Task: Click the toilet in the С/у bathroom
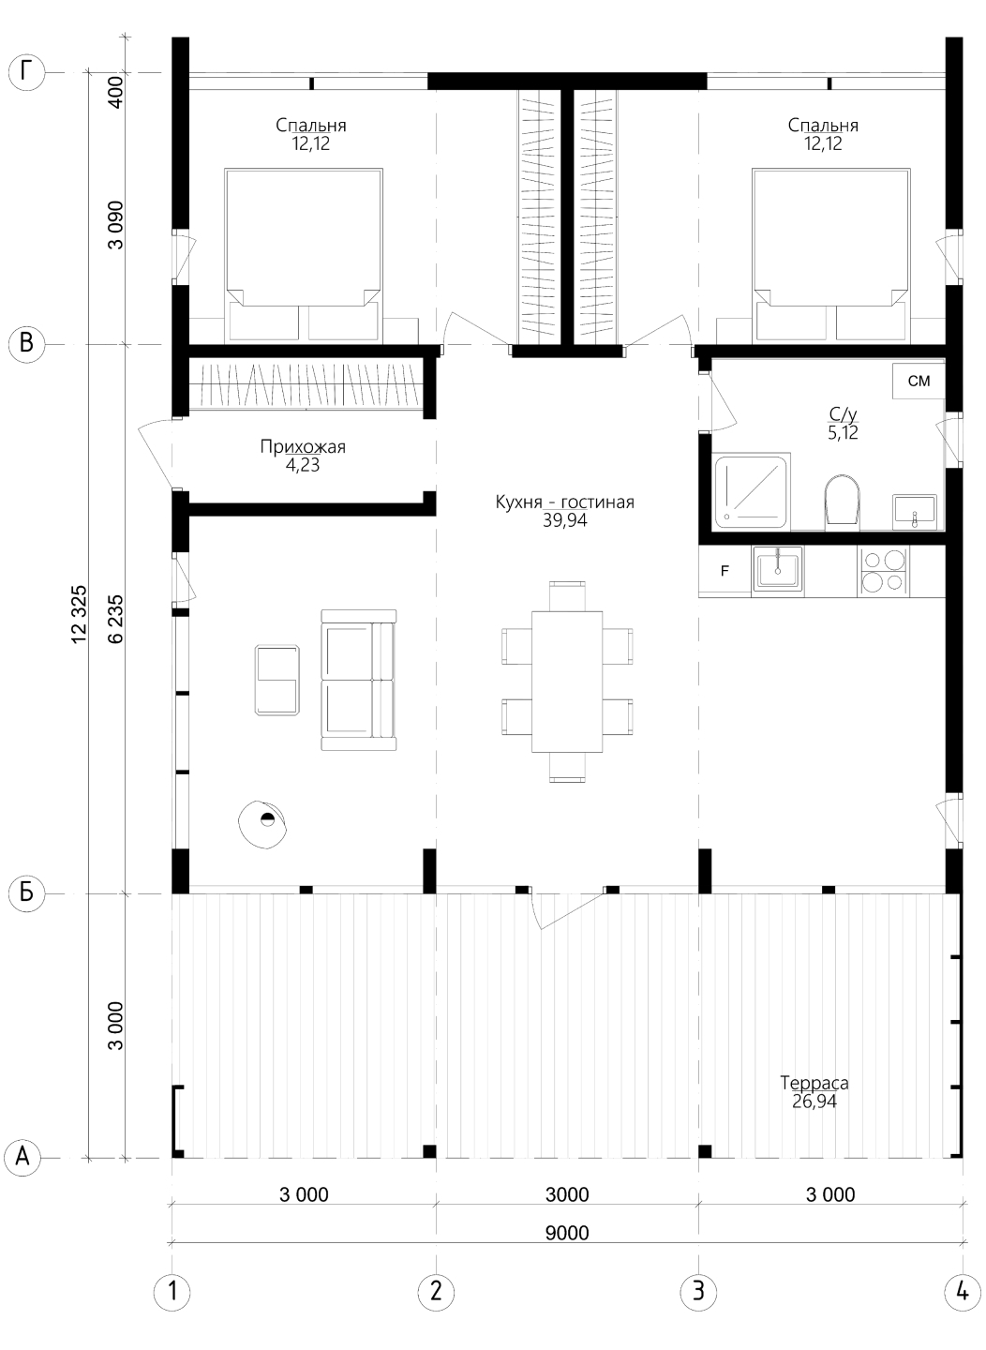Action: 842,501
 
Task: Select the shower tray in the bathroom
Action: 751,492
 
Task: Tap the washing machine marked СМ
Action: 918,381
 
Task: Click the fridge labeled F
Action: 725,571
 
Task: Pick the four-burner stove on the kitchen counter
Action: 883,571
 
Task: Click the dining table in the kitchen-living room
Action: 566,681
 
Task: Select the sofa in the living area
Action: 359,680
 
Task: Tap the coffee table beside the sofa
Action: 277,680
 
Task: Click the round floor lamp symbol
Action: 262,824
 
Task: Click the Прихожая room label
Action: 303,446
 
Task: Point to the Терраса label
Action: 814,1083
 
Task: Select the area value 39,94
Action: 565,520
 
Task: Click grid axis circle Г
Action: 26,72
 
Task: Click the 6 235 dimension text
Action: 115,619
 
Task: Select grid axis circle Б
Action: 26,892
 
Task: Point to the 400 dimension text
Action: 116,92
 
